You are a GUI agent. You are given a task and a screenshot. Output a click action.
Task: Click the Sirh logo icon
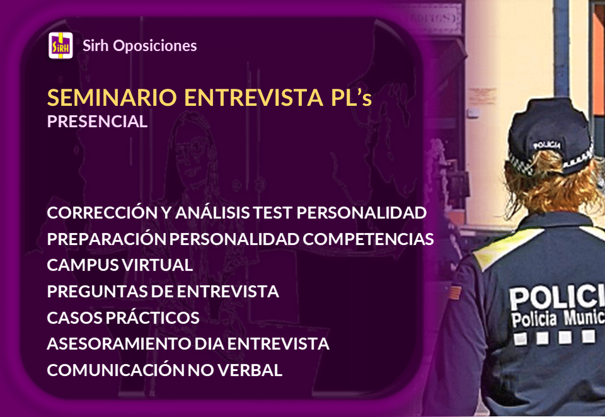pyautogui.click(x=60, y=46)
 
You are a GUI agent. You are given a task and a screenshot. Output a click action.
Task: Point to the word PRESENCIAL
pyautogui.click(x=97, y=122)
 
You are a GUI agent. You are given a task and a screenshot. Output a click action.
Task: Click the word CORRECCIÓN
pyautogui.click(x=98, y=213)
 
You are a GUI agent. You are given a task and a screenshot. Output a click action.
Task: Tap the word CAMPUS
pyautogui.click(x=76, y=265)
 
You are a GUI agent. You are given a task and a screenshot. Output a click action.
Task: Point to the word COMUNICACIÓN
pyautogui.click(x=115, y=370)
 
